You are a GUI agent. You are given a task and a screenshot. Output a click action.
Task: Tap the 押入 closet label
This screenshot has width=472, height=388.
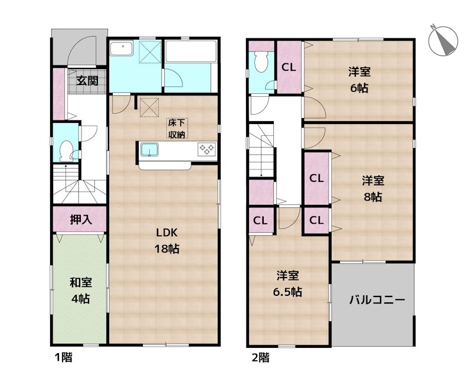point(80,220)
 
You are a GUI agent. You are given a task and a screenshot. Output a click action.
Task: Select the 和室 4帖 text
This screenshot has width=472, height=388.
point(80,291)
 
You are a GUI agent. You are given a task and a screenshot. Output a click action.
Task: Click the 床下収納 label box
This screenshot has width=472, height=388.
point(177,129)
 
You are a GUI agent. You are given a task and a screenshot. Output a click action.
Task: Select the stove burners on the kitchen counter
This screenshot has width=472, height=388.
point(206,149)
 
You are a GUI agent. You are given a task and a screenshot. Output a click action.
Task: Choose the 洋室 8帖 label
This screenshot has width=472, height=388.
point(372,188)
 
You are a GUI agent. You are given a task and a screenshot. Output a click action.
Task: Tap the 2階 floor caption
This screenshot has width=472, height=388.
point(260,357)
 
